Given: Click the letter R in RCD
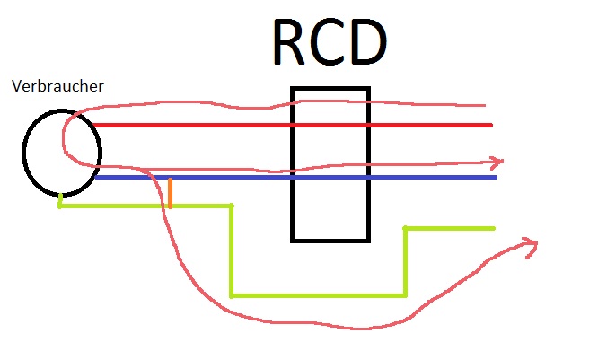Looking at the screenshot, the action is (288, 42).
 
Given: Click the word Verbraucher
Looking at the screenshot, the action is (57, 86).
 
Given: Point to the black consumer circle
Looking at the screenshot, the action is (22, 153).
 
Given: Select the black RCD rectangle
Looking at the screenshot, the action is (292, 164).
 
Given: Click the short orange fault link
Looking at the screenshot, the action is (170, 193).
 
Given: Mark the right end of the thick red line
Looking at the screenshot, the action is (491, 125).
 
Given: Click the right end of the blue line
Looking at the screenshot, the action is (495, 177).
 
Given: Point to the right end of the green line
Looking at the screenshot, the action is (494, 228).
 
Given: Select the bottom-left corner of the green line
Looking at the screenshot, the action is (232, 296).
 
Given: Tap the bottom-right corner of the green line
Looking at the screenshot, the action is (405, 296).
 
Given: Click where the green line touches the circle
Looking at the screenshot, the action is (60, 195).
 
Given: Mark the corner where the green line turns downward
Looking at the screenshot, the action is (232, 206).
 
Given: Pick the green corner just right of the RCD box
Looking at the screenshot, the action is (405, 228).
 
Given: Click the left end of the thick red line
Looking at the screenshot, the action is (93, 125).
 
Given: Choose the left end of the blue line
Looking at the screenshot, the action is (96, 177).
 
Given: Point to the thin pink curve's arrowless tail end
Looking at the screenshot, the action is (485, 105).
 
